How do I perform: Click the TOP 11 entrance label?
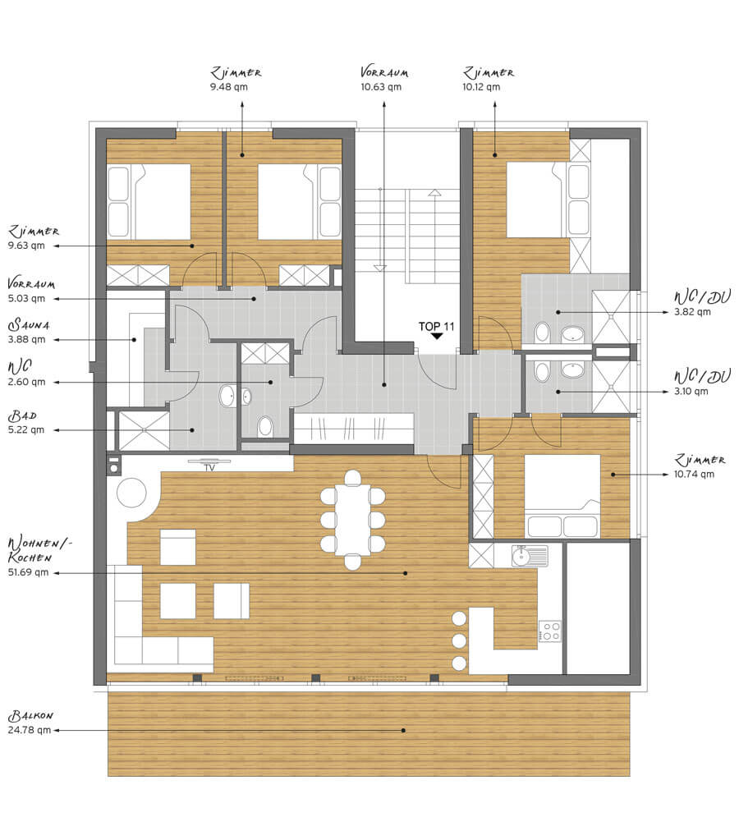pyautogui.click(x=436, y=326)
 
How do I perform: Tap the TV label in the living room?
pyautogui.click(x=209, y=468)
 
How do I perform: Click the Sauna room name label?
pyautogui.click(x=29, y=324)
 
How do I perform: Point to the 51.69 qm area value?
pyautogui.click(x=28, y=572)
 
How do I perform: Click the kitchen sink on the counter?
pyautogui.click(x=529, y=556)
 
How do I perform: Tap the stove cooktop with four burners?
pyautogui.click(x=549, y=631)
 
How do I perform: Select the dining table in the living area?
pyautogui.click(x=352, y=520)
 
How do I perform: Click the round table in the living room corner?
pyautogui.click(x=131, y=493)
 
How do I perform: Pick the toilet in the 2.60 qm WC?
pyautogui.click(x=264, y=427)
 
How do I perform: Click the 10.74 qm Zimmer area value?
pyautogui.click(x=694, y=474)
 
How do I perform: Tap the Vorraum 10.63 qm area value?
pyautogui.click(x=381, y=87)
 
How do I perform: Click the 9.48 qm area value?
pyautogui.click(x=229, y=87)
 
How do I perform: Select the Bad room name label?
pyautogui.click(x=22, y=415)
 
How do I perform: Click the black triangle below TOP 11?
pyautogui.click(x=437, y=337)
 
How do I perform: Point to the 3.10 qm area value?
pyautogui.click(x=691, y=391)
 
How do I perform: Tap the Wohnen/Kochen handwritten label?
pyautogui.click(x=39, y=550)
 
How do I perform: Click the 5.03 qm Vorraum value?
pyautogui.click(x=26, y=298)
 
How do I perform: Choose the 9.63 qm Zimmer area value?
pyautogui.click(x=26, y=246)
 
